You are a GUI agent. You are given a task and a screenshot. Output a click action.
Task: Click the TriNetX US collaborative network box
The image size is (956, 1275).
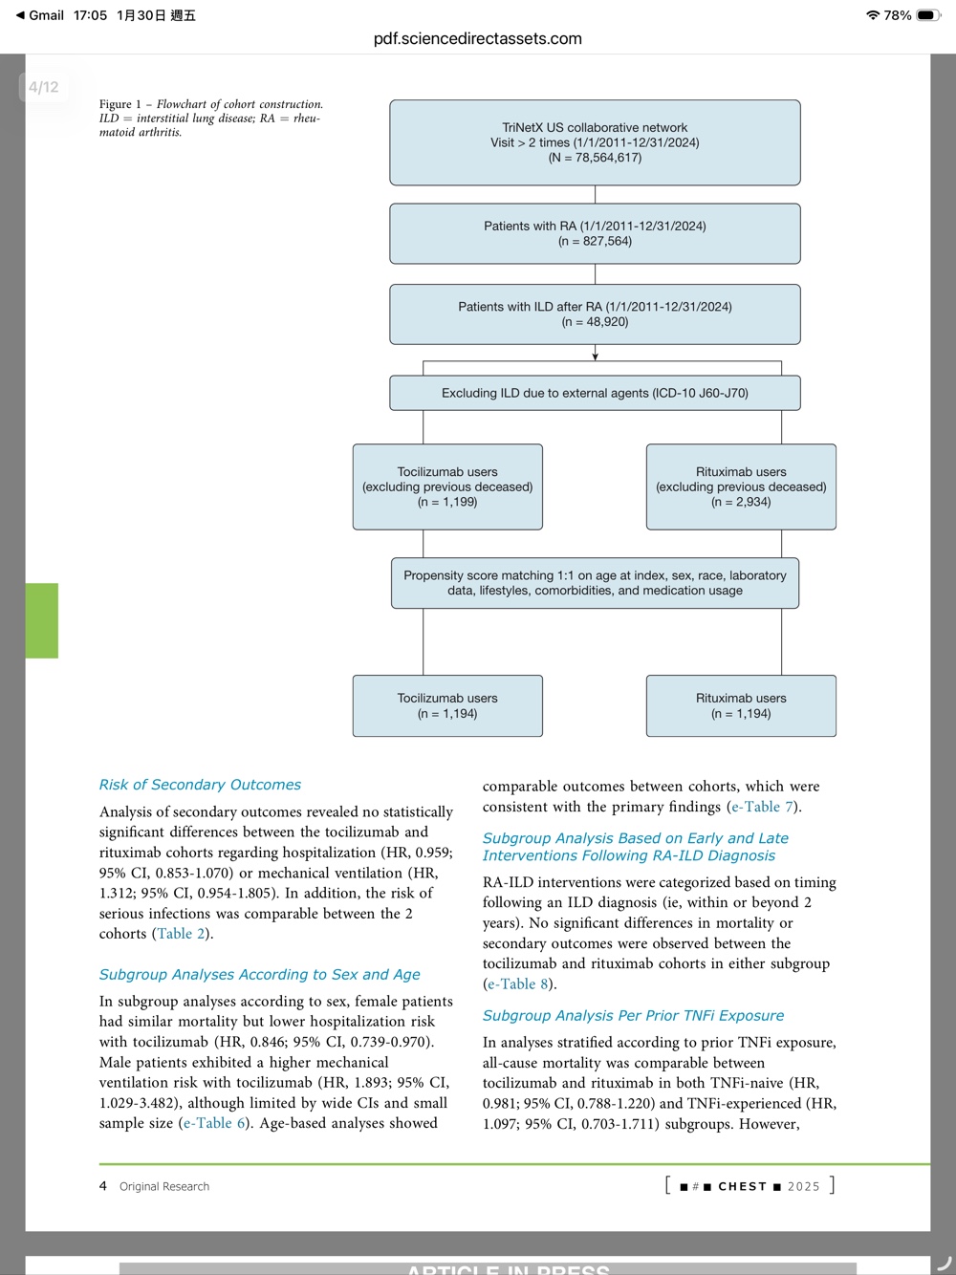595,142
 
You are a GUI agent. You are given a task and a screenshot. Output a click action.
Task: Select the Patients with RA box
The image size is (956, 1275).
595,233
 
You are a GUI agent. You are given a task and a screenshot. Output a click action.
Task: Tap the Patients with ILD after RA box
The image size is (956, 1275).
595,314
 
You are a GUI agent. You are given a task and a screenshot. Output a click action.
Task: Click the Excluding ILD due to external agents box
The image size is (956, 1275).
595,393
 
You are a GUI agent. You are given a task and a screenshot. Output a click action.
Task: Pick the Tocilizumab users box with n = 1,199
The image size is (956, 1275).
447,486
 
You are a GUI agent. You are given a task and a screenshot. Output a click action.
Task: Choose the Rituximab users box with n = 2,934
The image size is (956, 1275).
741,486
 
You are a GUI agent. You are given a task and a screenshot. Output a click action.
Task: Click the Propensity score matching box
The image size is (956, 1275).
595,583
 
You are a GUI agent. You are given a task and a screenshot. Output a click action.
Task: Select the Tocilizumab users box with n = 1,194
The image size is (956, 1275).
447,705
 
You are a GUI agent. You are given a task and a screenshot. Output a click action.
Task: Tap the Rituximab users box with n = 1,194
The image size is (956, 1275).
741,705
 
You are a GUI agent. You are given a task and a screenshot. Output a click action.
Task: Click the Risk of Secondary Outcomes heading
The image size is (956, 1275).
200,785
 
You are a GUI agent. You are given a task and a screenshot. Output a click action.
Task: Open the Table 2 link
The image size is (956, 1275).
181,934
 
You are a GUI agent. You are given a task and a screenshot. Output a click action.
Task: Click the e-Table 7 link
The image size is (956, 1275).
762,807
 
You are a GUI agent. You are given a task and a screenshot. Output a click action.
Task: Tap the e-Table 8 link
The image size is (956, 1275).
517,984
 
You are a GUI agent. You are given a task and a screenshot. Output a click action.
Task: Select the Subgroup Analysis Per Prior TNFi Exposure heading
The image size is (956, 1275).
633,1015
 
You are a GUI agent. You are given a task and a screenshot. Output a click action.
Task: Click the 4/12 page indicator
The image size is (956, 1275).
43,87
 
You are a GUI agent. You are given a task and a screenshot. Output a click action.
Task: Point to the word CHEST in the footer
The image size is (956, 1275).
742,1186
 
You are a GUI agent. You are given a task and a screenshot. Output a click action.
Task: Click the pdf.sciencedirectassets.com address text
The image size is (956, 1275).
477,39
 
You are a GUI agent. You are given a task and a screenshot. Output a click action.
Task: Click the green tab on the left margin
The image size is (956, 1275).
42,620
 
